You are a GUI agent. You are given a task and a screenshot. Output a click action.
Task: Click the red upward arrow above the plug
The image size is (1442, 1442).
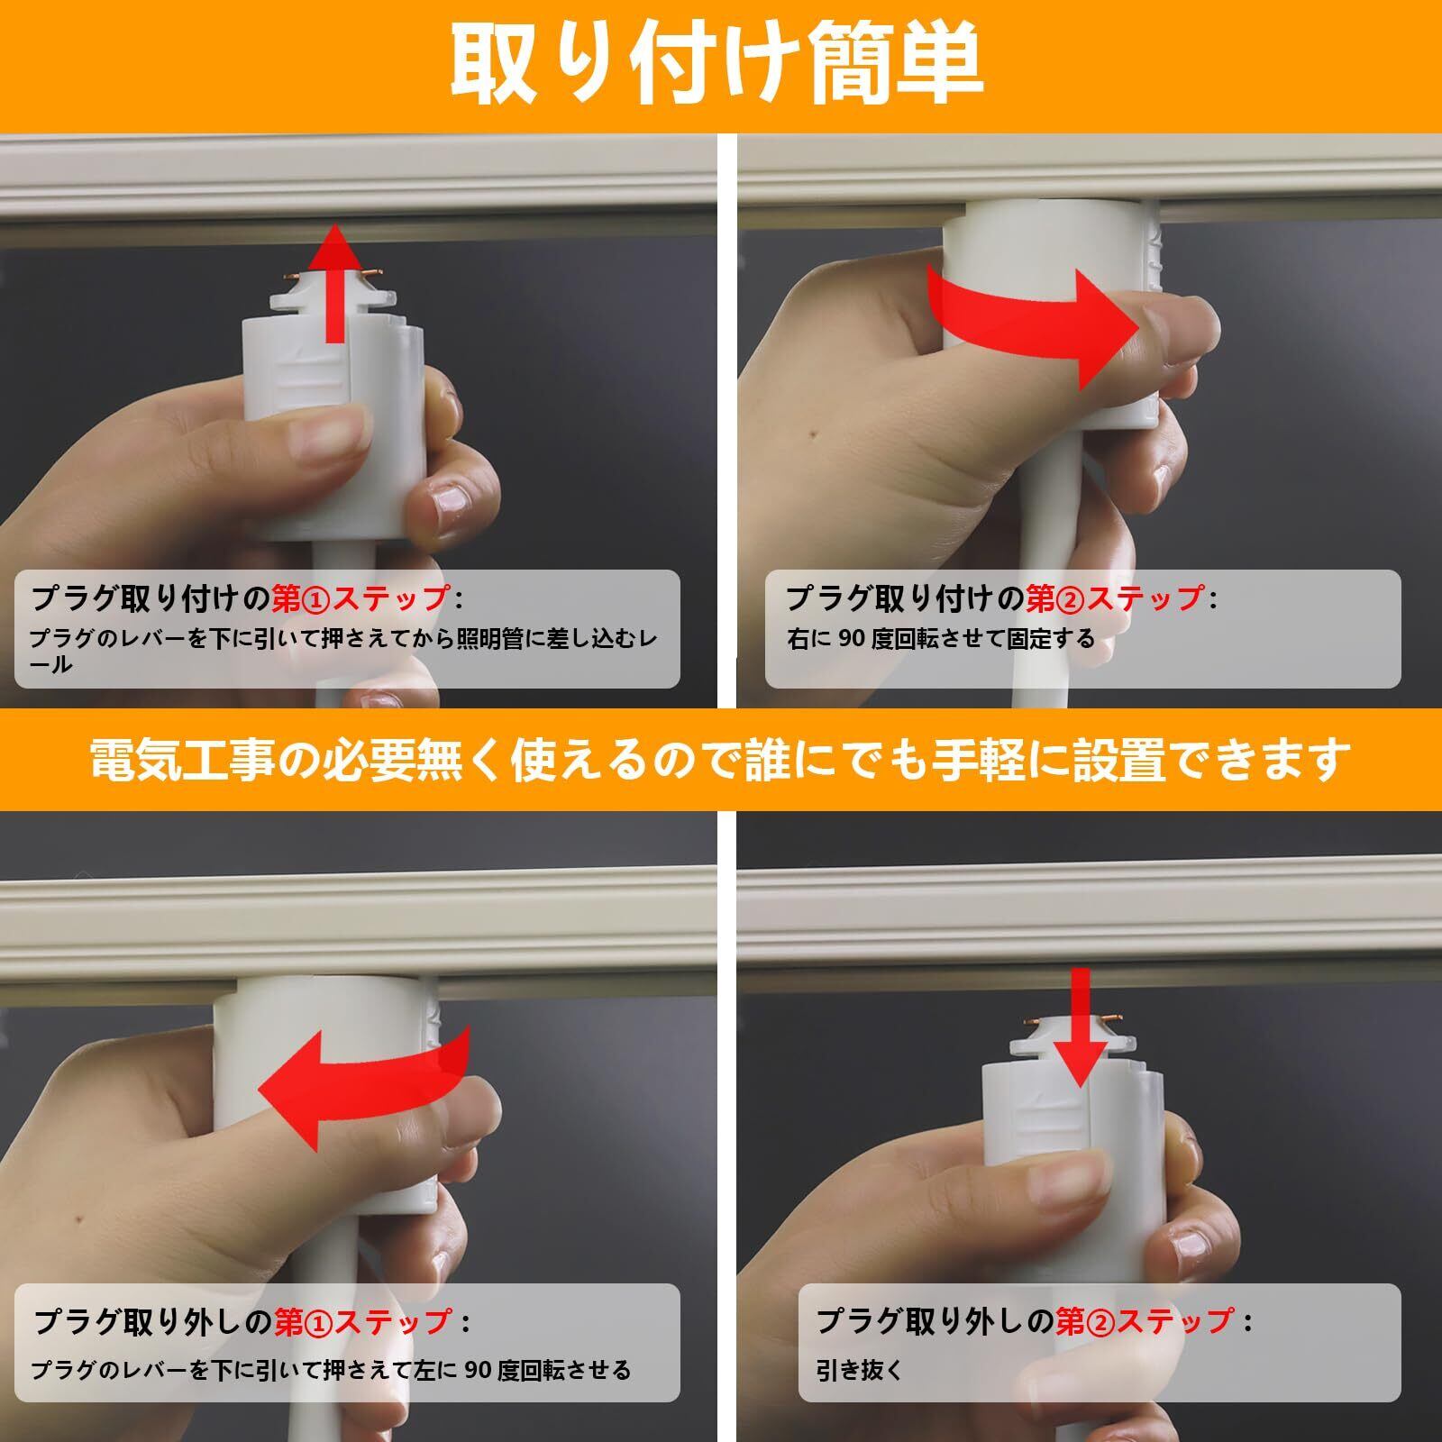click(x=334, y=283)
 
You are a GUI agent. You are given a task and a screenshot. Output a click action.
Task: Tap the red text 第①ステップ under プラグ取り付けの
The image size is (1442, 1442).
click(x=360, y=598)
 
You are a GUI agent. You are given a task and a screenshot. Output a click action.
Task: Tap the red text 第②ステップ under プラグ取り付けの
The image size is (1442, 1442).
click(x=1116, y=598)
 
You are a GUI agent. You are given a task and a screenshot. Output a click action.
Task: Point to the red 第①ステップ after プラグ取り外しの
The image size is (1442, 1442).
click(x=363, y=1321)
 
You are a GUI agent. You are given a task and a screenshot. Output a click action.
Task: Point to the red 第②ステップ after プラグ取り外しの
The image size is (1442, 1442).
click(x=1145, y=1321)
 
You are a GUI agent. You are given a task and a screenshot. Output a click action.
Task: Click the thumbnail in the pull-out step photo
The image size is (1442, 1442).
click(x=1077, y=1176)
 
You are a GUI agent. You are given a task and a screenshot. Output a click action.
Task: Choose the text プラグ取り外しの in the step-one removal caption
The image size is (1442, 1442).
click(x=153, y=1321)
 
